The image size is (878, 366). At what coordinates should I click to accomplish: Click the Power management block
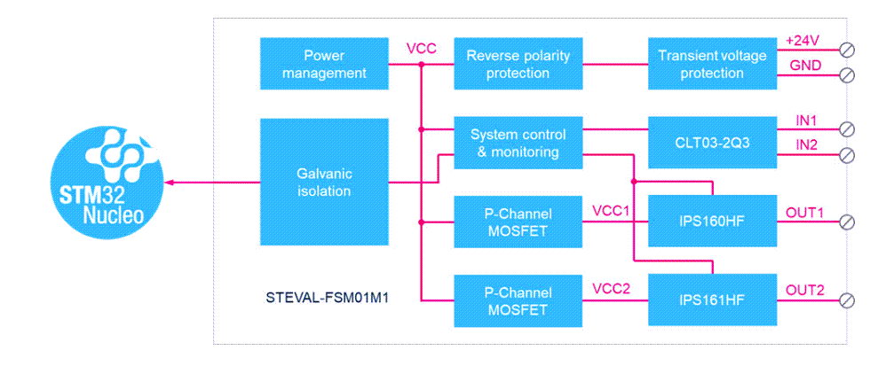(324, 64)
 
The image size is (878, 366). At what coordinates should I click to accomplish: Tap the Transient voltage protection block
(712, 64)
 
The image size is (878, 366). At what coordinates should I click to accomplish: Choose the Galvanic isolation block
(324, 182)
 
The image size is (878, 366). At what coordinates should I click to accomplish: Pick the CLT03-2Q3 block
(712, 142)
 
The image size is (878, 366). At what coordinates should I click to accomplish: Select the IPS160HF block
(712, 221)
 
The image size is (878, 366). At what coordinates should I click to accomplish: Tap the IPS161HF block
(712, 300)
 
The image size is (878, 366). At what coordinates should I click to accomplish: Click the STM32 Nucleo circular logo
(106, 182)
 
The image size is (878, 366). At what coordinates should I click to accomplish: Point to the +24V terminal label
(803, 41)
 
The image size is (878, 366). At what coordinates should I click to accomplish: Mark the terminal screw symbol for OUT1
(847, 222)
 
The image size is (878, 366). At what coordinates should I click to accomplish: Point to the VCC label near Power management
(421, 48)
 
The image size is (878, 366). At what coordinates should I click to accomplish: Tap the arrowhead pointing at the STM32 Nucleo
(170, 183)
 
